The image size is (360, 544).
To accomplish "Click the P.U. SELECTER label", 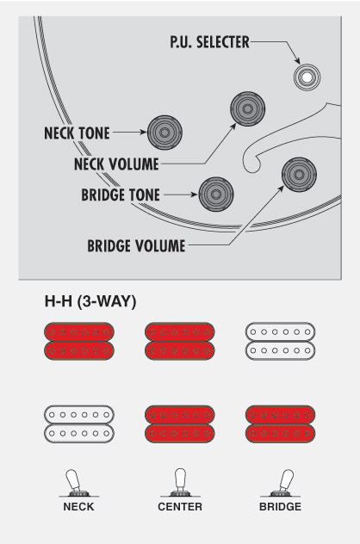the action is coord(209,42).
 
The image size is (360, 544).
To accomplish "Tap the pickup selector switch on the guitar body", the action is coord(307,77).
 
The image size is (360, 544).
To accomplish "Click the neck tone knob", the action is coord(164,133).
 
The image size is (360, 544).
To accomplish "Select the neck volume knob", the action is coord(247,108).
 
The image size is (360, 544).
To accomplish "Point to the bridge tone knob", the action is coord(216,195).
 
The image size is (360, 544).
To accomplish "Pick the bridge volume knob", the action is coord(299,174).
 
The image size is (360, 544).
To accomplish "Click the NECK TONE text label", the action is coord(77,133).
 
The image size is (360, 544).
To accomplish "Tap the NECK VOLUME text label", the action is coord(116,164).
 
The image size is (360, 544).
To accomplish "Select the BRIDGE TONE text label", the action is coord(121,195).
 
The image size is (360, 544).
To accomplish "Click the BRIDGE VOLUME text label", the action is coord(136,245).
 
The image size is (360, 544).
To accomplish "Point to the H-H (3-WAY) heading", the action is coord(90,300).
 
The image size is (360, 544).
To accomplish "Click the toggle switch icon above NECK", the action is coord(78,483).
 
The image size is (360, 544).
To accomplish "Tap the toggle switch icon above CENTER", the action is coord(180,482).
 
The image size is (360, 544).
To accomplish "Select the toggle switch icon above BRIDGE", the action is coord(281,483).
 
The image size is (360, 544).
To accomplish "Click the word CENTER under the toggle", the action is coord(180,506).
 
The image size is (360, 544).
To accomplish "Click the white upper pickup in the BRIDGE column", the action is coord(281,332).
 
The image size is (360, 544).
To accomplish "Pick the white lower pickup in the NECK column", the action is coord(79,433).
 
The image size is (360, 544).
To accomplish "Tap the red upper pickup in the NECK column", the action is coord(79,332).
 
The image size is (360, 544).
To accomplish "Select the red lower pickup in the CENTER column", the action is coord(180,433).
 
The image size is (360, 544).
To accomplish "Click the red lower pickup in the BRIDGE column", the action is coord(281,433).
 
